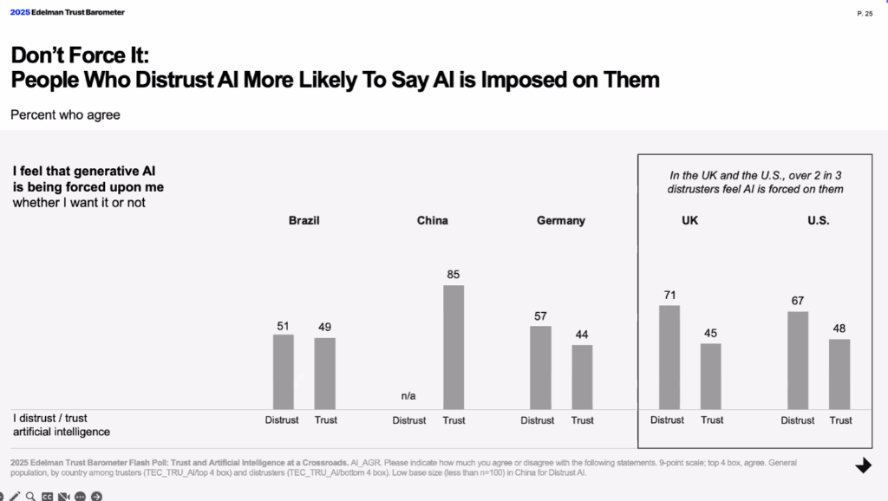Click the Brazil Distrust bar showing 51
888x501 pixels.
284,372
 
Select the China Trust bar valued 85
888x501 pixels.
454,347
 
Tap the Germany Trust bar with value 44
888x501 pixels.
582,377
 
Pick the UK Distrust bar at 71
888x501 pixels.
669,357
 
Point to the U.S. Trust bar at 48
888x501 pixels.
839,374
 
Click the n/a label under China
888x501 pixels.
408,396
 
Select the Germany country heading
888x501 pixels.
561,220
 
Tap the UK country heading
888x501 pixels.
689,220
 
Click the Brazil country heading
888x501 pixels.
304,220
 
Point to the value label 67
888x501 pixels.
798,300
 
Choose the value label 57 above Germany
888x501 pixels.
540,315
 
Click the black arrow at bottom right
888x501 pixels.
863,465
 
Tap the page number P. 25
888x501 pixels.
865,14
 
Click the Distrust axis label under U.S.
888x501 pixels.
797,420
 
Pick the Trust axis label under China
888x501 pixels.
454,420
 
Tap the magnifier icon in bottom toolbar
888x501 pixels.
29,496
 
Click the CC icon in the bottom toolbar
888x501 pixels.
47,496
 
